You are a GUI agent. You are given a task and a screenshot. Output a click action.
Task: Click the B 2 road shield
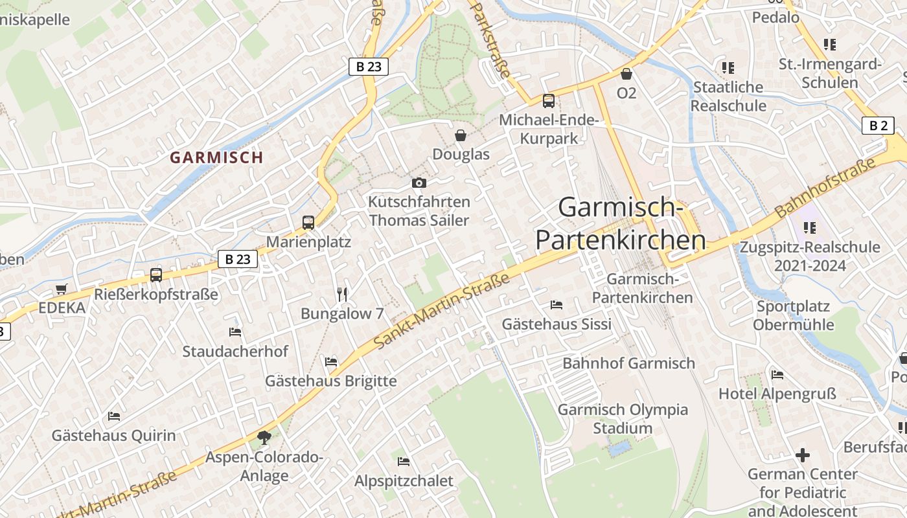tap(878, 126)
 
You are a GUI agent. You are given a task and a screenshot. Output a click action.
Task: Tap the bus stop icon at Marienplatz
tap(308, 223)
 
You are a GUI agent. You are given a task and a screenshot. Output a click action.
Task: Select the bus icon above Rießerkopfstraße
tap(156, 275)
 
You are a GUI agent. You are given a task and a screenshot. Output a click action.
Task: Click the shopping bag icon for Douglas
tap(461, 135)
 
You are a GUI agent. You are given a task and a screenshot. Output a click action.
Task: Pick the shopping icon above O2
tap(626, 74)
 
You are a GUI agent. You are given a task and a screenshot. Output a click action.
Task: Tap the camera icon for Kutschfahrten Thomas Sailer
tap(419, 183)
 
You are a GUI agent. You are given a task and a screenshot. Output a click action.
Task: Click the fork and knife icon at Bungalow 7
tap(343, 295)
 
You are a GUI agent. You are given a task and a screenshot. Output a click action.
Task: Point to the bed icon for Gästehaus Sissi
tap(557, 305)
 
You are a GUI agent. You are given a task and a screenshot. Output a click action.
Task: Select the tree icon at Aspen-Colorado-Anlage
tap(264, 438)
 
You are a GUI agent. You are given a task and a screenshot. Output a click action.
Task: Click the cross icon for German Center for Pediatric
tap(803, 455)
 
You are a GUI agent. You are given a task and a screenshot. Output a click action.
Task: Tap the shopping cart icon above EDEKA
tap(62, 289)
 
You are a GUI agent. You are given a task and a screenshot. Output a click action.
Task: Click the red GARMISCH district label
tap(216, 157)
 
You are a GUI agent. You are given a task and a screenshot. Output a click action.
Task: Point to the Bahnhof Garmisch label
tap(628, 363)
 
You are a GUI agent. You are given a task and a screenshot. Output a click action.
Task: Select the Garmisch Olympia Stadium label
tap(623, 419)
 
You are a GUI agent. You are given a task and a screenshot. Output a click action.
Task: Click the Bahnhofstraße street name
tap(825, 188)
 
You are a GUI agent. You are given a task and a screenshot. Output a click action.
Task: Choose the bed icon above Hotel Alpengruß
tap(777, 375)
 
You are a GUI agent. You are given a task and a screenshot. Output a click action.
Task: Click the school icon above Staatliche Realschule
tap(728, 68)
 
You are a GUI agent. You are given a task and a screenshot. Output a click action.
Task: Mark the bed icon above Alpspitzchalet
tap(404, 462)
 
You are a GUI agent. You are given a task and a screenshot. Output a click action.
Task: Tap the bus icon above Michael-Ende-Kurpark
tap(549, 101)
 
